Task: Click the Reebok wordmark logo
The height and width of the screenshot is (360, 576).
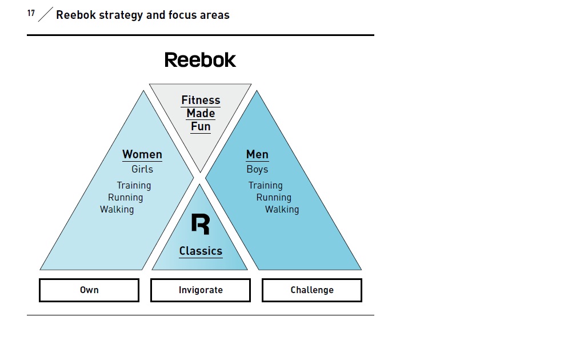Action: [x=200, y=60]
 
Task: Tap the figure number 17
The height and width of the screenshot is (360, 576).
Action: [x=31, y=13]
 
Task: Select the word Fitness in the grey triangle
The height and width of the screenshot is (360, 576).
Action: [x=201, y=100]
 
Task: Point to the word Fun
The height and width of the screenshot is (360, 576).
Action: [x=201, y=126]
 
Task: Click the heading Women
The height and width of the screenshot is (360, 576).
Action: [x=142, y=154]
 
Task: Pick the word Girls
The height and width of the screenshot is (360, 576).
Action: [x=142, y=169]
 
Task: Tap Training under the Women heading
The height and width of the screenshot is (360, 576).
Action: [x=134, y=186]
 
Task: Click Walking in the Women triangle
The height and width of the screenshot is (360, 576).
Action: [x=117, y=209]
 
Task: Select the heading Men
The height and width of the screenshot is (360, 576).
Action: [x=257, y=154]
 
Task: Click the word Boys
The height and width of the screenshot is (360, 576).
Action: [x=257, y=169]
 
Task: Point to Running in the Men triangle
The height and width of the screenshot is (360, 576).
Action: [x=274, y=198]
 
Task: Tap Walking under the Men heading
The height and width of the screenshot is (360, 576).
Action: [x=282, y=209]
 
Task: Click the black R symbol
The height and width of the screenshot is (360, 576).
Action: [x=201, y=224]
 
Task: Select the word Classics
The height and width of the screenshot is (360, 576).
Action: [x=201, y=251]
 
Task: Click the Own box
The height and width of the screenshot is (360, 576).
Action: [x=89, y=290]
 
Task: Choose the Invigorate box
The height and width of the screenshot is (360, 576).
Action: [x=201, y=290]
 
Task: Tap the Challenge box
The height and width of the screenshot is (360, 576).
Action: [x=312, y=290]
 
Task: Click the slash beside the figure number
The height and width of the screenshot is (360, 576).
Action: [x=46, y=14]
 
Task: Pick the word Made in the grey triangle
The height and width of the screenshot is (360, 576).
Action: [x=201, y=113]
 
